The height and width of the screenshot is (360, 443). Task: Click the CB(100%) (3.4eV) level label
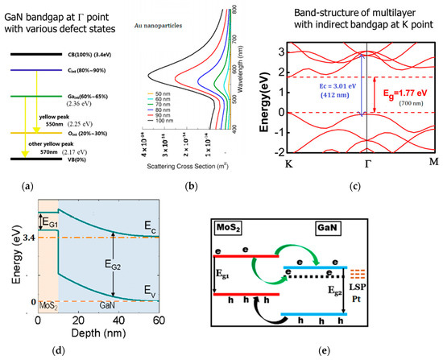tap(68, 55)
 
